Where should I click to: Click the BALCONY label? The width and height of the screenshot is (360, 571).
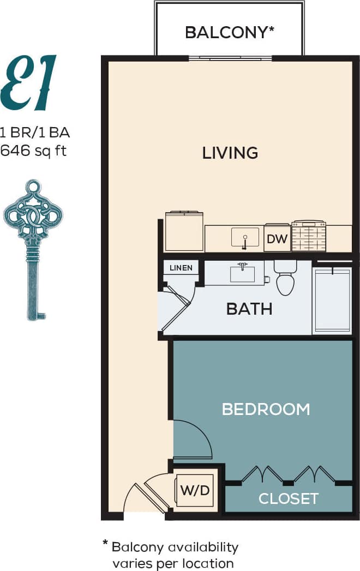pos(229,32)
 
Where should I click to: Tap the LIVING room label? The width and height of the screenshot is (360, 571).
pos(230,153)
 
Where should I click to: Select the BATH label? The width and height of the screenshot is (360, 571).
pos(249,309)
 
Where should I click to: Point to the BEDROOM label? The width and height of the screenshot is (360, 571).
pos(266,409)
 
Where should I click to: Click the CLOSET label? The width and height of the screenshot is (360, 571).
pos(288,498)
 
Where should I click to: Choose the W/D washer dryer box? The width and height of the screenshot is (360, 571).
pos(195,490)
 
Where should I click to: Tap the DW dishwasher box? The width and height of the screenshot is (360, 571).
pos(277,239)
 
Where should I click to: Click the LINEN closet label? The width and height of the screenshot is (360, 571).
pos(181,268)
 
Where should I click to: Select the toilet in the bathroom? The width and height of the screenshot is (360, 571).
pos(285,278)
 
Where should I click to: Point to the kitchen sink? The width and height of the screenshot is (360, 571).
pos(245,238)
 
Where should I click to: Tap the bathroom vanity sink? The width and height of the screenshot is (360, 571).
pos(243,273)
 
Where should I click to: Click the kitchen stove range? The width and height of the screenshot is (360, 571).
pos(309,237)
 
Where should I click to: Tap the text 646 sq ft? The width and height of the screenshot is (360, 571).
pos(34,150)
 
